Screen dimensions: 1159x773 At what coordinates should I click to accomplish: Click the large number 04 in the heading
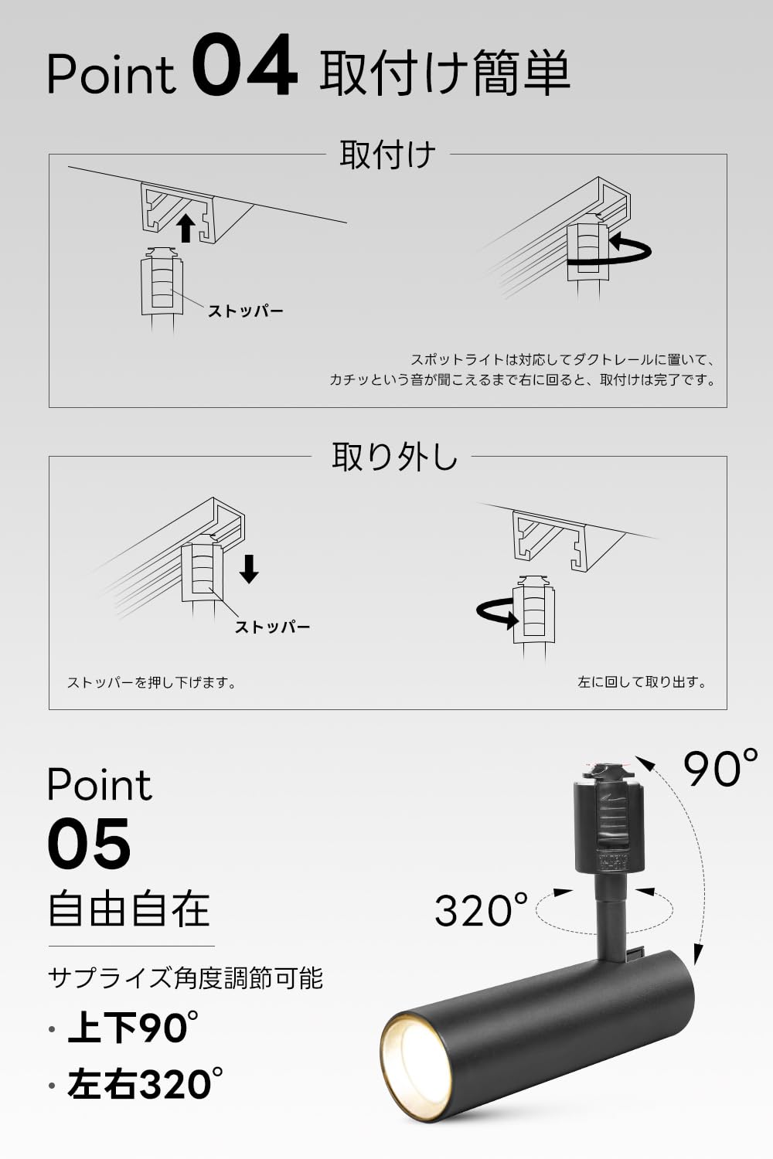pyautogui.click(x=244, y=68)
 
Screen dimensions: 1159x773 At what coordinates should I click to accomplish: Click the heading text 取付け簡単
pyautogui.click(x=444, y=73)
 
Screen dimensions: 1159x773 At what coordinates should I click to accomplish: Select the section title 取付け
pyautogui.click(x=387, y=155)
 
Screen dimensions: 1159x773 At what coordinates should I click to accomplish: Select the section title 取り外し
pyautogui.click(x=395, y=457)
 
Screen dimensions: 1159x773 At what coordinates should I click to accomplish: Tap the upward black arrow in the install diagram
pyautogui.click(x=186, y=229)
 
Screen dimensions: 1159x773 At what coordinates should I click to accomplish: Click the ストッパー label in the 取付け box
pyautogui.click(x=245, y=311)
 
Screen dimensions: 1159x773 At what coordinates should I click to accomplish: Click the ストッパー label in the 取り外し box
pyautogui.click(x=272, y=627)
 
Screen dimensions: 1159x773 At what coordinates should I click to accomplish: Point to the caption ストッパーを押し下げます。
pyautogui.click(x=152, y=683)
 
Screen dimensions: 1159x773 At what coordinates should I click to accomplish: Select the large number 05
pyautogui.click(x=89, y=844)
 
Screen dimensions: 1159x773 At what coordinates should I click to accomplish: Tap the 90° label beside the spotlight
pyautogui.click(x=720, y=768)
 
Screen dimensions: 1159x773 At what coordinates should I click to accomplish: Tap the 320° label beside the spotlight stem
pyautogui.click(x=481, y=909)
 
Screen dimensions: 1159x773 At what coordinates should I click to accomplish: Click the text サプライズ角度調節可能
pyautogui.click(x=186, y=978)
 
